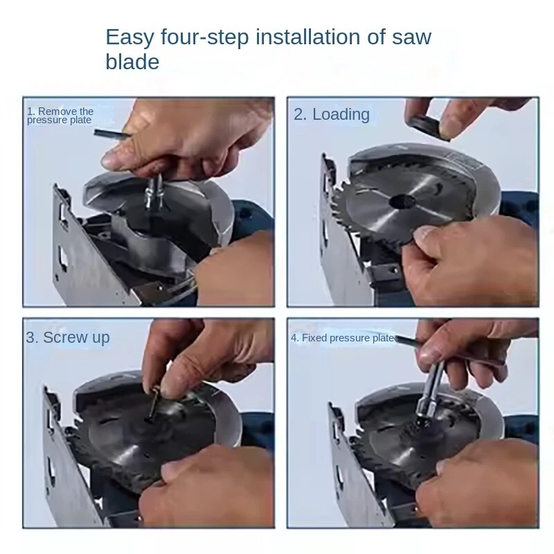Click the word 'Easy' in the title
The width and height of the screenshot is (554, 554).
pos(130,37)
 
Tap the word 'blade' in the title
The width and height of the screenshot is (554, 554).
pos(132,62)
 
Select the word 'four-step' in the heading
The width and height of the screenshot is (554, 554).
pos(205,37)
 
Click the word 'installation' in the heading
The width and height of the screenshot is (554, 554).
pos(307,37)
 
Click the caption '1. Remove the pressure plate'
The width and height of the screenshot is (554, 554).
pos(60,116)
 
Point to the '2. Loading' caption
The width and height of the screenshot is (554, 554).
pos(332,114)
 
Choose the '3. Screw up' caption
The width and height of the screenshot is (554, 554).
pos(68,337)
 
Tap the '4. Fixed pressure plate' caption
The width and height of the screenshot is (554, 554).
pos(342,338)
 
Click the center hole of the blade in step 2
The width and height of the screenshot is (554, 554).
pos(402,202)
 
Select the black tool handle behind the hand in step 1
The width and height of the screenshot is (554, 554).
pos(111,134)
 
